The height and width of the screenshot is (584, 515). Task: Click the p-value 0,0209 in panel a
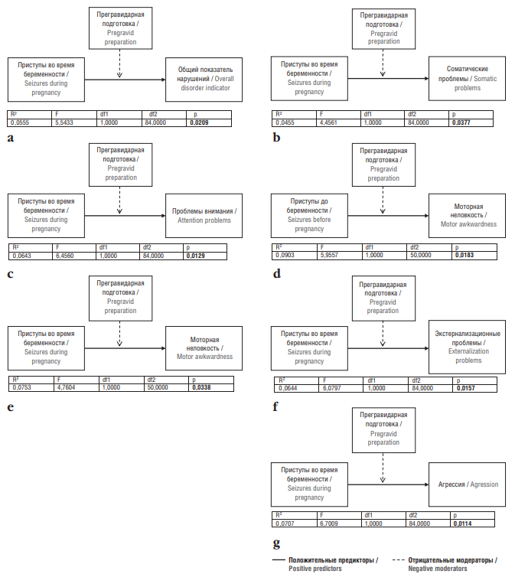tap(199, 122)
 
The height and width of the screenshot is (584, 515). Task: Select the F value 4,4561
tap(328, 122)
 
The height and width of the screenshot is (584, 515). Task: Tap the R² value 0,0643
tap(22, 256)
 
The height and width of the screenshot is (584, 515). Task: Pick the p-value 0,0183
tap(464, 255)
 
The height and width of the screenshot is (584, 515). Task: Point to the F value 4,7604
tap(66, 387)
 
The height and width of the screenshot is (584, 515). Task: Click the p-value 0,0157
tap(465, 388)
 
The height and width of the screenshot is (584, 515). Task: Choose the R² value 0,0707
tap(285, 524)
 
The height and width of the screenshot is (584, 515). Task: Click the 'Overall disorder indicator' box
tap(204, 80)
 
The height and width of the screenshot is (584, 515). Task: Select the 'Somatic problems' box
tap(467, 79)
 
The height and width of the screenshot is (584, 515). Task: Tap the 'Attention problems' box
tap(204, 216)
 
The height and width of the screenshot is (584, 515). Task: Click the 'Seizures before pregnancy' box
tap(309, 216)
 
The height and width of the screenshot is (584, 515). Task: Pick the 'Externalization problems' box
tap(467, 347)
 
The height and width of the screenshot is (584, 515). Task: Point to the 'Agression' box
tap(467, 484)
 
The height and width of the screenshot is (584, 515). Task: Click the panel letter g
tap(276, 543)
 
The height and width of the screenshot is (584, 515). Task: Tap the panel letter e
tap(11, 407)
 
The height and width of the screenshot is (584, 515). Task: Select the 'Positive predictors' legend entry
tap(325, 564)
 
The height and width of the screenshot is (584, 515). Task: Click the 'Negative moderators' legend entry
tap(445, 564)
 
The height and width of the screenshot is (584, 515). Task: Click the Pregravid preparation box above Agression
tap(383, 430)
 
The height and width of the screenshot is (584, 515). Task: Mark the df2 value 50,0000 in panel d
tap(420, 255)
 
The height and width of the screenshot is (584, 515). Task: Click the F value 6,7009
tap(329, 524)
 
